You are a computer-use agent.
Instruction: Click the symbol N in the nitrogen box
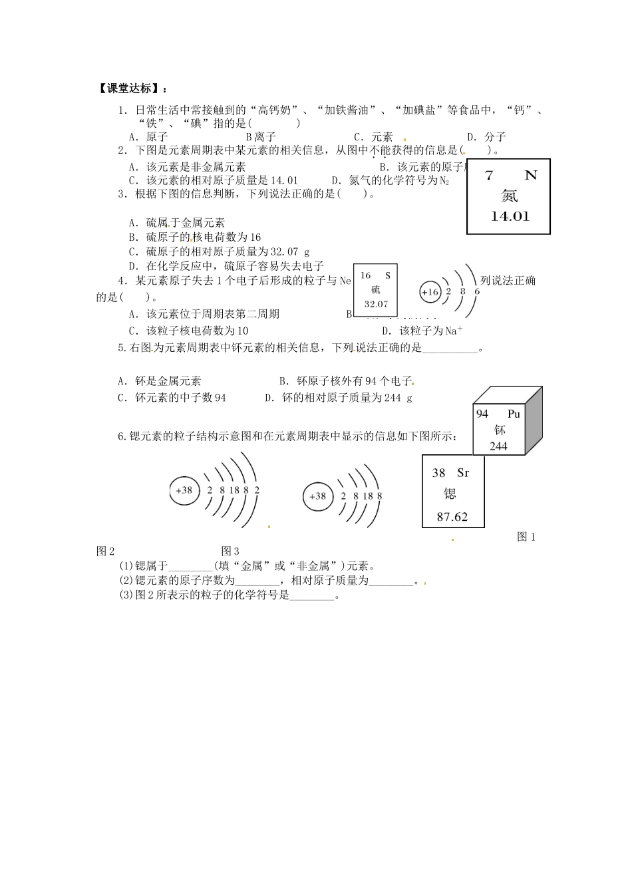[530, 176]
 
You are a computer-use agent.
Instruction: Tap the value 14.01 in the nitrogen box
[510, 216]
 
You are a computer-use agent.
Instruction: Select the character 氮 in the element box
[509, 196]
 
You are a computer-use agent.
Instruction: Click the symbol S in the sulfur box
[388, 275]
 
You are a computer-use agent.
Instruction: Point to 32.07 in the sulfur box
[376, 304]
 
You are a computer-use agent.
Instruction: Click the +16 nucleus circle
[430, 291]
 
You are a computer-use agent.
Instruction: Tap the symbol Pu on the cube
[514, 414]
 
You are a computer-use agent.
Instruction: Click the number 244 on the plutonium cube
[498, 446]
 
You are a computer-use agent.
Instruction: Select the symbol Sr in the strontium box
[463, 473]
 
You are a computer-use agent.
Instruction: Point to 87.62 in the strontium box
[452, 516]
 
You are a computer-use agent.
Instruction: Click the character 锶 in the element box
[450, 494]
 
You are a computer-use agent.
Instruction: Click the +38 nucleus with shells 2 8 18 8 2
[184, 490]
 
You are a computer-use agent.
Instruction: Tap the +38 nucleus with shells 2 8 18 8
[319, 496]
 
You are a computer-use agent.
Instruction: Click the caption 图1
[526, 537]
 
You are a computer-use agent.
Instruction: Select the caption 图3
[230, 551]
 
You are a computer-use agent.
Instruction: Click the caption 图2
[106, 551]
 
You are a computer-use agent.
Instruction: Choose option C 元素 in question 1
[373, 137]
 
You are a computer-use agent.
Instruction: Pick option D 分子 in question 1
[486, 137]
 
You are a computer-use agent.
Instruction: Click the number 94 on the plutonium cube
[482, 414]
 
